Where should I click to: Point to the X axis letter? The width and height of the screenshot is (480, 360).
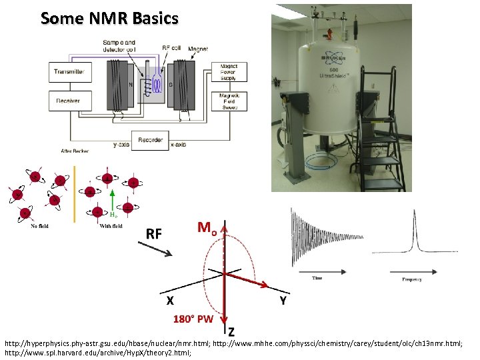coord(171,301)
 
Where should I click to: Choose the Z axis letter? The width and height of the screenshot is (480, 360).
coord(231,331)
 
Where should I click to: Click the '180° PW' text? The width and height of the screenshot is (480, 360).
coord(193,319)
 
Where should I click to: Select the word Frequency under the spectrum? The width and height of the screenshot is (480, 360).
coord(411,279)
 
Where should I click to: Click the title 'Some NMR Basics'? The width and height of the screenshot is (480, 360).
coord(109,18)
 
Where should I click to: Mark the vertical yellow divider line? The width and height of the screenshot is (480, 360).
coord(76,193)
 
